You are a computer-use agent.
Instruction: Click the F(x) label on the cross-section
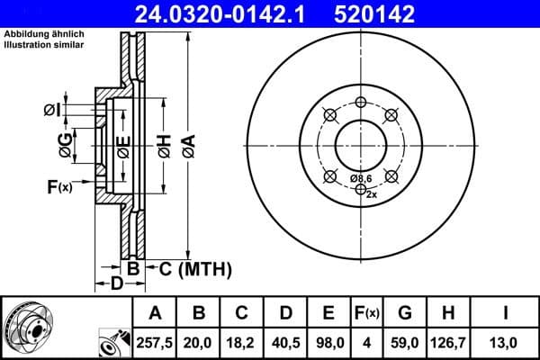[x=58, y=187]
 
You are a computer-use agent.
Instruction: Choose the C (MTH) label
[x=195, y=268]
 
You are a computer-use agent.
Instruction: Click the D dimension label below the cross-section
[x=116, y=284]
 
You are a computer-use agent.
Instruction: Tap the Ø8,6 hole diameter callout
[x=361, y=178]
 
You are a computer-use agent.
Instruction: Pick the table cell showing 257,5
[x=155, y=343]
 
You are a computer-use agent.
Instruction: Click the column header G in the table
[x=405, y=313]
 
